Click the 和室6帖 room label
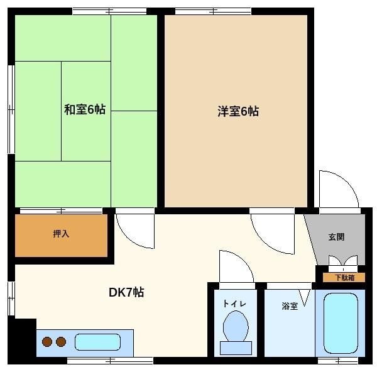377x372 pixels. pyautogui.click(x=85, y=109)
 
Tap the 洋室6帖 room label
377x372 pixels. pyautogui.click(x=238, y=111)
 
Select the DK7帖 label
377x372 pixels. pyautogui.click(x=126, y=292)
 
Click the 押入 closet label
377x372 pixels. pyautogui.click(x=61, y=234)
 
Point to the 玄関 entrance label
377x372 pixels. pyautogui.click(x=336, y=237)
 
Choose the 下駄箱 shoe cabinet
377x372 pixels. pyautogui.click(x=344, y=278)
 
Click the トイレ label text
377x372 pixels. pyautogui.click(x=234, y=304)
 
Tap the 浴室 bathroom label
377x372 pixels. pyautogui.click(x=290, y=306)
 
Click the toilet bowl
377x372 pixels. pyautogui.click(x=236, y=326)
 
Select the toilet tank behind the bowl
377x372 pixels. pyautogui.click(x=236, y=347)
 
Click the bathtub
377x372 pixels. pyautogui.click(x=341, y=323)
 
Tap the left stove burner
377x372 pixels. pyautogui.click(x=47, y=342)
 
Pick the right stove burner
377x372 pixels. pyautogui.click(x=61, y=342)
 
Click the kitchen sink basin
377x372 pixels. pyautogui.click(x=97, y=342)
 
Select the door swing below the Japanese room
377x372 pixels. pyautogui.click(x=128, y=237)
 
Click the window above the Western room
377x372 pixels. pyautogui.click(x=213, y=11)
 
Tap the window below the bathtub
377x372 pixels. pyautogui.click(x=338, y=361)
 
